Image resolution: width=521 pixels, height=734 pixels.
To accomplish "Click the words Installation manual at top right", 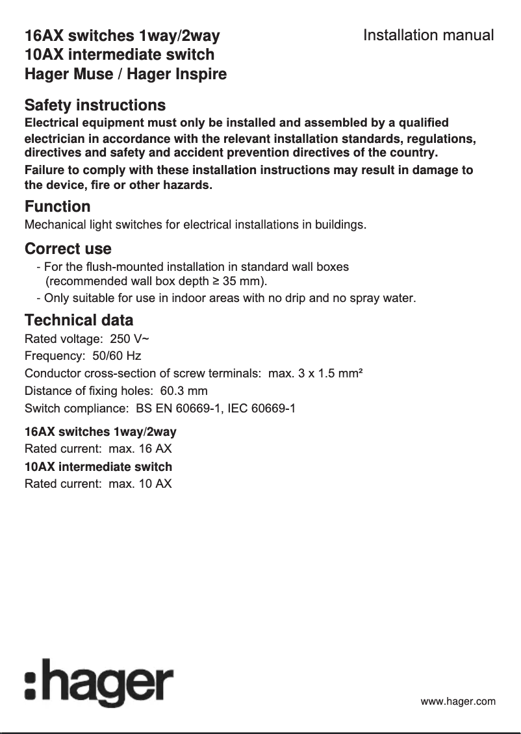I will [x=428, y=35].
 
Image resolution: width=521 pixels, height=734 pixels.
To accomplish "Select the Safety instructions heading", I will [x=95, y=105].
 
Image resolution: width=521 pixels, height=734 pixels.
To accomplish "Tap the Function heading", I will [x=57, y=207].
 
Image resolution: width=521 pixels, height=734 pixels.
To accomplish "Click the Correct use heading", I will [x=68, y=249].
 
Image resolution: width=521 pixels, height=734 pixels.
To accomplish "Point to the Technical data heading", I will [x=79, y=320].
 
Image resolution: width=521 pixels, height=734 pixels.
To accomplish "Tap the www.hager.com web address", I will [x=458, y=702].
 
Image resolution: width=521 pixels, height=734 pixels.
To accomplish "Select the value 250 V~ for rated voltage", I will [x=131, y=338].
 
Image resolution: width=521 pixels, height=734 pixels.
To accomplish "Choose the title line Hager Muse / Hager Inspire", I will [x=125, y=74].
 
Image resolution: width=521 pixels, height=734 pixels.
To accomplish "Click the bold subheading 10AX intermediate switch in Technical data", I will [x=98, y=466].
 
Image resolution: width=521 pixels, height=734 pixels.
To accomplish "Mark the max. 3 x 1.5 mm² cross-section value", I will [x=315, y=373].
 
